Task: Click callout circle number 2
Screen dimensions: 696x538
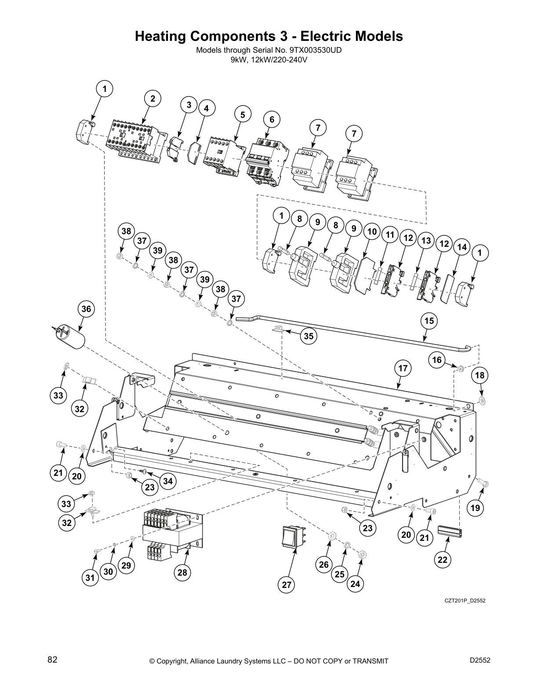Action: [x=153, y=99]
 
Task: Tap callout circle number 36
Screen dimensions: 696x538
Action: [x=86, y=309]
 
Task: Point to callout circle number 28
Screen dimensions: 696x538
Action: [x=182, y=572]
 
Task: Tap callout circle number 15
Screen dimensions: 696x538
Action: [x=429, y=321]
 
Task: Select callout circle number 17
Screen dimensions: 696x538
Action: [x=403, y=368]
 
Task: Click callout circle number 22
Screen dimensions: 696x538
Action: [x=443, y=559]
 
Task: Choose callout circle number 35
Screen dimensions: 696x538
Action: [x=309, y=336]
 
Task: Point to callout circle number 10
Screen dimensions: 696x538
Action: [x=372, y=232]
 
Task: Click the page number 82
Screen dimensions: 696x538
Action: [x=52, y=660]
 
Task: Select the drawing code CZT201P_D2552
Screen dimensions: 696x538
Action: [x=465, y=601]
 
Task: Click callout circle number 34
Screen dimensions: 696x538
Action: [x=168, y=481]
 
